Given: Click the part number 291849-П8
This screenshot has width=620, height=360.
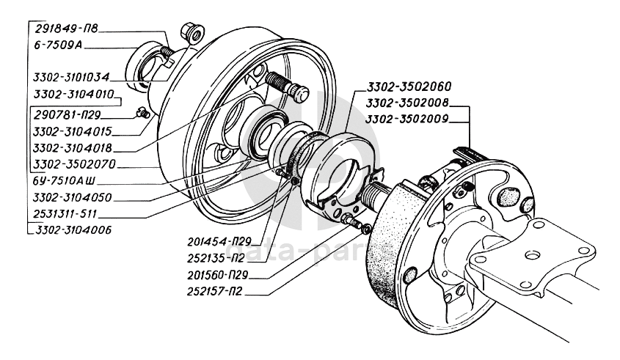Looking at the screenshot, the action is pyautogui.click(x=66, y=29).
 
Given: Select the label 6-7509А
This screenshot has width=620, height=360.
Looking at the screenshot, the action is pyautogui.click(x=58, y=45).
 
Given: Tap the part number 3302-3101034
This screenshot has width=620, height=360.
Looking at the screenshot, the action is pyautogui.click(x=71, y=77).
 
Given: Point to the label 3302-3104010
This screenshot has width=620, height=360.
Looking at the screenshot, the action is pyautogui.click(x=74, y=95).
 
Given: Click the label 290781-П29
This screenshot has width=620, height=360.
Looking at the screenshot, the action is pyautogui.click(x=68, y=115).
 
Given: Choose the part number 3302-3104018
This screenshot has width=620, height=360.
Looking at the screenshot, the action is pyautogui.click(x=73, y=148).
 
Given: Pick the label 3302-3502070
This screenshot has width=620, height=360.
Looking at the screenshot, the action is pyautogui.click(x=74, y=164).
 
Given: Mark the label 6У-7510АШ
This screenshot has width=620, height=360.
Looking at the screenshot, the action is pyautogui.click(x=64, y=181).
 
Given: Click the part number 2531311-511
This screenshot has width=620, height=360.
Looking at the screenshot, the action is pyautogui.click(x=65, y=214).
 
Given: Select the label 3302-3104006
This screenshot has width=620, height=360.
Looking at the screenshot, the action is pyautogui.click(x=73, y=230).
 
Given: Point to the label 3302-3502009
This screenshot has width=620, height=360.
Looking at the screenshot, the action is pyautogui.click(x=407, y=119).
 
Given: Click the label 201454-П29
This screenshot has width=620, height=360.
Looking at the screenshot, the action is pyautogui.click(x=219, y=241).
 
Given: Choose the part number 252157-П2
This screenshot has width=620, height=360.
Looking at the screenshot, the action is pyautogui.click(x=215, y=292).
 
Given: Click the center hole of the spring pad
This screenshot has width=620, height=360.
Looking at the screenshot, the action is pyautogui.click(x=532, y=256).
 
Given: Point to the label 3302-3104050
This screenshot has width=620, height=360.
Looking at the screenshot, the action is pyautogui.click(x=73, y=197).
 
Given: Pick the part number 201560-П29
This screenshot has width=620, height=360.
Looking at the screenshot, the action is pyautogui.click(x=218, y=275).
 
